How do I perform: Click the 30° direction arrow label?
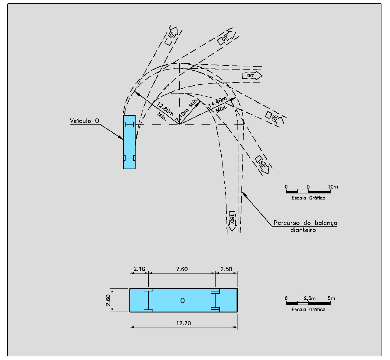click(x=172, y=36)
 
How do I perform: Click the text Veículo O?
click(x=84, y=121)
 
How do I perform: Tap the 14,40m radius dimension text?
click(x=217, y=102)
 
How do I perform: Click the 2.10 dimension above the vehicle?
click(x=139, y=269)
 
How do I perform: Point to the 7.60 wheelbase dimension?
click(x=182, y=269)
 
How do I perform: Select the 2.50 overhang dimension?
click(x=226, y=269)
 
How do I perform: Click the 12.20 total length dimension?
click(x=183, y=323)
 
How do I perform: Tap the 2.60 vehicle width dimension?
click(x=108, y=300)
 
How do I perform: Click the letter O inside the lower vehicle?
click(x=182, y=301)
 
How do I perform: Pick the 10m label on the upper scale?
click(x=333, y=187)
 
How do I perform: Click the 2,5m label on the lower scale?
click(x=310, y=298)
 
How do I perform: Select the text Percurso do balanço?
click(x=305, y=223)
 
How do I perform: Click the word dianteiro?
click(x=303, y=230)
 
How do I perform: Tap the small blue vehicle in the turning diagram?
click(x=129, y=142)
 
